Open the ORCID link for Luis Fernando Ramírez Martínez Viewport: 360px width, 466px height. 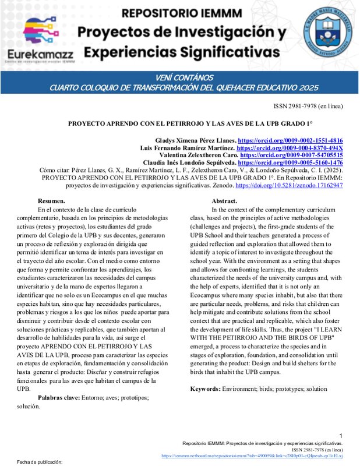pos(290,149)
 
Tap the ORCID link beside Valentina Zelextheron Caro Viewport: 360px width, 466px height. pos(291,156)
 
